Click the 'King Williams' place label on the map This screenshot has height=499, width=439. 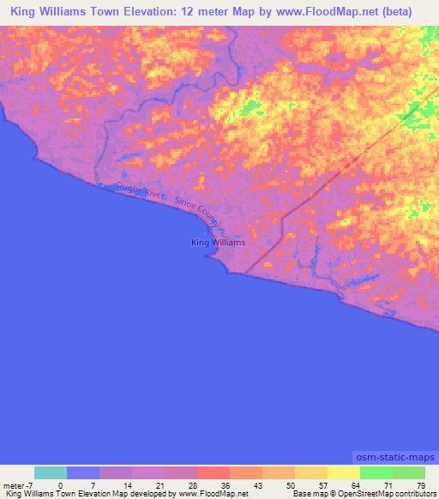point(218,243)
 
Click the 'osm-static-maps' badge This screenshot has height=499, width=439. point(394,457)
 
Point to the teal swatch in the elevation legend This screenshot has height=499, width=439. point(50,472)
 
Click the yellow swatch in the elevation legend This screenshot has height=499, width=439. point(343,472)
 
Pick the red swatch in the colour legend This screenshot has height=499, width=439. point(213,472)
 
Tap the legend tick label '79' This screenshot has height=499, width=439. point(420,486)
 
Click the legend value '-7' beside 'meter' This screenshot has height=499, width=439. point(33,486)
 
